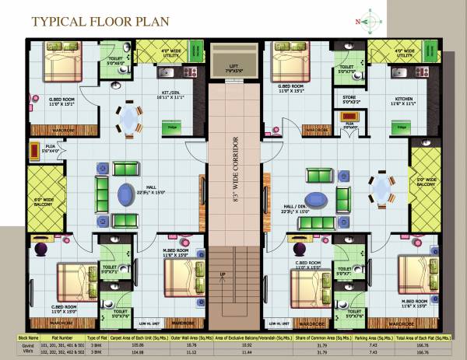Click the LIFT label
pos(233,68)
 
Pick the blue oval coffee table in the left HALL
pos(125,193)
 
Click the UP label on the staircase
pos(224,274)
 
